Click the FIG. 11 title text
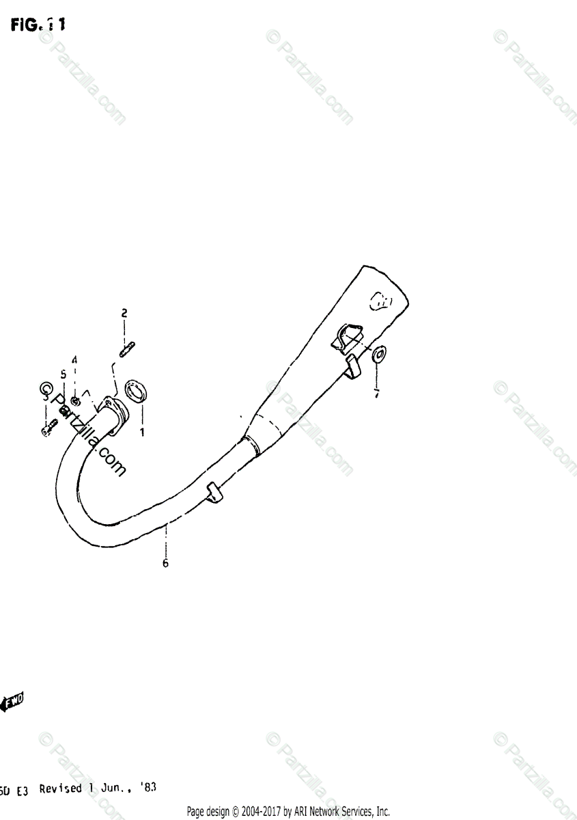pos(38,25)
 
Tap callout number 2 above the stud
pos(124,314)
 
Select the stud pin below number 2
pos(126,350)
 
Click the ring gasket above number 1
pos(139,394)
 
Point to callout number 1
pos(143,433)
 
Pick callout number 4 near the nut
pos(75,360)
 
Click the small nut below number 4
pos(75,399)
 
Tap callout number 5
pos(63,374)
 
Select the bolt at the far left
pos(46,429)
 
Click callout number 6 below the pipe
pos(165,564)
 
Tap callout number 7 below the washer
pos(375,394)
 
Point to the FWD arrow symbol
pos(14,702)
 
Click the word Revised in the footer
pos(61,789)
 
